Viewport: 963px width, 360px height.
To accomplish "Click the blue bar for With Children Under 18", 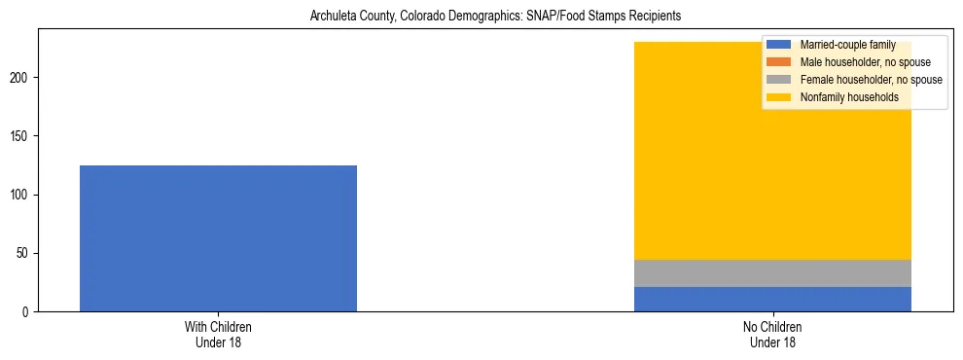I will [x=218, y=238].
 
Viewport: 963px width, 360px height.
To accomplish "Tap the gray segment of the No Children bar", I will [x=772, y=273].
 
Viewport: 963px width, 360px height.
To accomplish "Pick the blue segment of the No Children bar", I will [x=772, y=300].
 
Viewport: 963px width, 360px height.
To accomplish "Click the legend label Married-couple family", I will [x=847, y=45].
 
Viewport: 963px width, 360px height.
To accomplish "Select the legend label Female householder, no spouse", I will [x=871, y=80].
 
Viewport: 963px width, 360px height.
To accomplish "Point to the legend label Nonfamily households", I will [x=849, y=97].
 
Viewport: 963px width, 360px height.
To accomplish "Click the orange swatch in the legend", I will [x=779, y=62].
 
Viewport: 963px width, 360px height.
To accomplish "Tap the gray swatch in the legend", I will [x=779, y=80].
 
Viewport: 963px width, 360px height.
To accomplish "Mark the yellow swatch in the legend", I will [x=779, y=97].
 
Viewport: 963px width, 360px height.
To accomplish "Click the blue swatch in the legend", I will [x=779, y=45].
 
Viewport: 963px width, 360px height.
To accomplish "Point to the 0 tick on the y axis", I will [x=29, y=312].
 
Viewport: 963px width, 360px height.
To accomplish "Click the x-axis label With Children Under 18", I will [x=218, y=335].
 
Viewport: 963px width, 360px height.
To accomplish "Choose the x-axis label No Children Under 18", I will [x=772, y=335].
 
